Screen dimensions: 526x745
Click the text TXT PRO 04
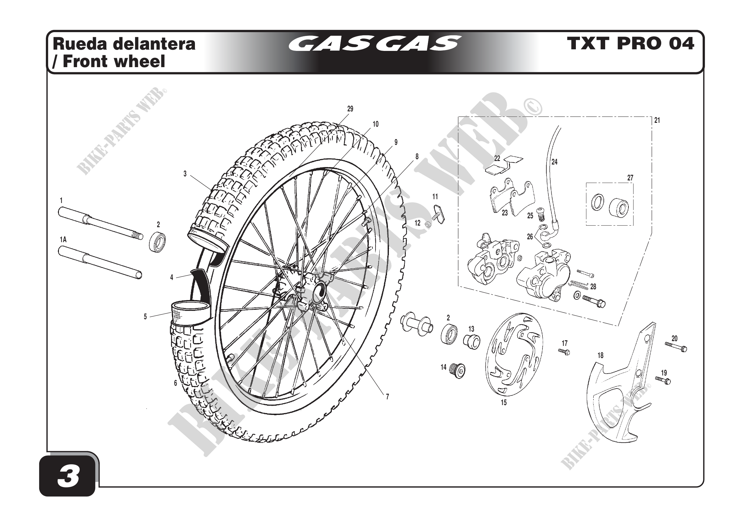point(630,44)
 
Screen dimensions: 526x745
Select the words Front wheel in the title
point(114,61)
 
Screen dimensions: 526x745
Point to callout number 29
point(350,109)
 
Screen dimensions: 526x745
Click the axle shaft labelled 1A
point(100,263)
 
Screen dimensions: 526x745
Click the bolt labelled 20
point(676,347)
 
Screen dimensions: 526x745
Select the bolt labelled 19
point(663,380)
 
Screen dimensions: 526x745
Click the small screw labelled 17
point(564,352)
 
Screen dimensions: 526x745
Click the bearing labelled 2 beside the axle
point(157,242)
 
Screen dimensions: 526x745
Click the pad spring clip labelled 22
point(504,165)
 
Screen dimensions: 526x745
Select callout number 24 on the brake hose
point(555,162)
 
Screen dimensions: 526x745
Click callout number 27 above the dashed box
point(630,178)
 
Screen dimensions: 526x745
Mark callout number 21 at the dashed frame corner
point(657,121)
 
